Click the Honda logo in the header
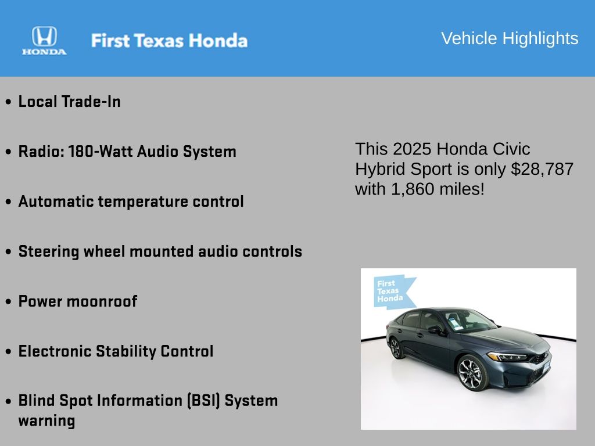click(x=44, y=41)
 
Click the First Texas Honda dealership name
click(x=169, y=41)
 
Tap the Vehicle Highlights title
click(x=510, y=38)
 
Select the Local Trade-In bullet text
click(x=70, y=102)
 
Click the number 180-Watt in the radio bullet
click(x=101, y=152)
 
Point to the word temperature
click(x=143, y=202)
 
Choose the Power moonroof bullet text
click(x=78, y=301)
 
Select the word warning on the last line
click(x=46, y=421)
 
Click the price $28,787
click(x=542, y=169)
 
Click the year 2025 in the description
click(x=412, y=149)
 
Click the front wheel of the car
click(x=472, y=373)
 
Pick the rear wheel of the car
click(x=395, y=348)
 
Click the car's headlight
click(x=507, y=357)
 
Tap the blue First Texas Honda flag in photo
click(x=393, y=292)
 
